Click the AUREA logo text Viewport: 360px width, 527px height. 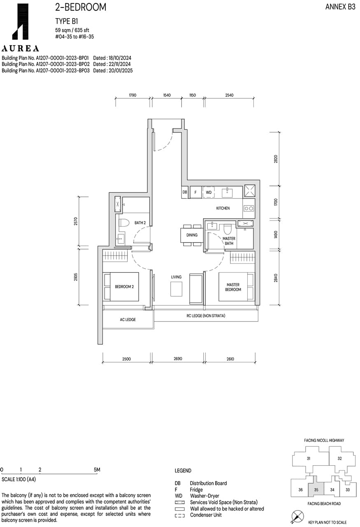click(x=20, y=49)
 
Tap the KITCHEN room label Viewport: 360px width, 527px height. click(x=223, y=208)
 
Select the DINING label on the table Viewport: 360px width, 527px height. click(x=192, y=235)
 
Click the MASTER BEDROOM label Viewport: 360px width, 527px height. click(x=233, y=287)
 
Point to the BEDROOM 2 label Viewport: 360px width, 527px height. click(x=124, y=287)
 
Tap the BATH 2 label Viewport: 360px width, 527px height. click(x=140, y=223)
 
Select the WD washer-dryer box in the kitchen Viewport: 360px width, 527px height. click(x=209, y=192)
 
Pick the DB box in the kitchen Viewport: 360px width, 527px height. click(x=185, y=192)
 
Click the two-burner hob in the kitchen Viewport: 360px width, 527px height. click(x=249, y=209)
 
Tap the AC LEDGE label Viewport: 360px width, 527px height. click(x=128, y=319)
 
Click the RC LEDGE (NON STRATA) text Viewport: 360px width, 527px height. click(x=206, y=316)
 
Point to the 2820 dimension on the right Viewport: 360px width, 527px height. click(x=276, y=159)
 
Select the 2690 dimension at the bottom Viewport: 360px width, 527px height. click(x=177, y=359)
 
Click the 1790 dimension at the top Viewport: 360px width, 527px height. click(x=132, y=95)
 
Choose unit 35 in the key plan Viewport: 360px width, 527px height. click(x=316, y=490)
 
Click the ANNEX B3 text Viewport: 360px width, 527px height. click(x=340, y=7)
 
